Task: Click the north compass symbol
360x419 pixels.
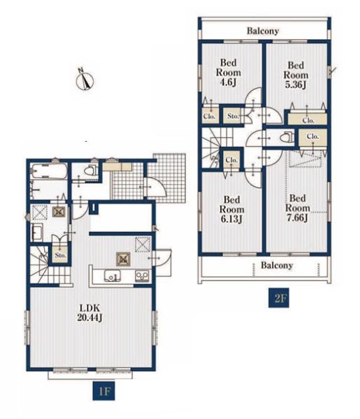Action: pyautogui.click(x=85, y=80)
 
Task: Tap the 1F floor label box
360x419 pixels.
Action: pyautogui.click(x=103, y=391)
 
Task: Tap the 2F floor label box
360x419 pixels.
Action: pyautogui.click(x=279, y=297)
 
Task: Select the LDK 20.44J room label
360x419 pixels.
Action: pyautogui.click(x=89, y=313)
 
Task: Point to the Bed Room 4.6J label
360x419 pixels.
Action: pyautogui.click(x=228, y=73)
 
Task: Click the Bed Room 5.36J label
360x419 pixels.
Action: pyautogui.click(x=296, y=75)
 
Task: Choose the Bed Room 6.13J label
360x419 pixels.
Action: pyautogui.click(x=231, y=209)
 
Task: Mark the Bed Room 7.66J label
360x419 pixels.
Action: pyautogui.click(x=297, y=208)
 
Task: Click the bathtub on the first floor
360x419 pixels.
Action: pyautogui.click(x=49, y=171)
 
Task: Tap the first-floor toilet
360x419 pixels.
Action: pyautogui.click(x=90, y=170)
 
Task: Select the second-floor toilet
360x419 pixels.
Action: pyautogui.click(x=286, y=138)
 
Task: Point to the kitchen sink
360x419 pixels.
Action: pyautogui.click(x=113, y=276)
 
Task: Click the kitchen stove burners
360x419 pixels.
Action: pyautogui.click(x=142, y=276)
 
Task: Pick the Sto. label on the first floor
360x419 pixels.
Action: pyautogui.click(x=60, y=255)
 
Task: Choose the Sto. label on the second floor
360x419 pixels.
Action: pyautogui.click(x=233, y=116)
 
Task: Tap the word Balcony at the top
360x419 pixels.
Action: pyautogui.click(x=263, y=31)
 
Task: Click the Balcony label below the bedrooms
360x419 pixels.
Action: pyautogui.click(x=277, y=265)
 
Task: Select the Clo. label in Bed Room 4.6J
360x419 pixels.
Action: pyautogui.click(x=209, y=117)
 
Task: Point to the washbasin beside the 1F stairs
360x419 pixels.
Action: pyautogui.click(x=37, y=233)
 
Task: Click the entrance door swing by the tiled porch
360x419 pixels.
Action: pyautogui.click(x=155, y=186)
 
